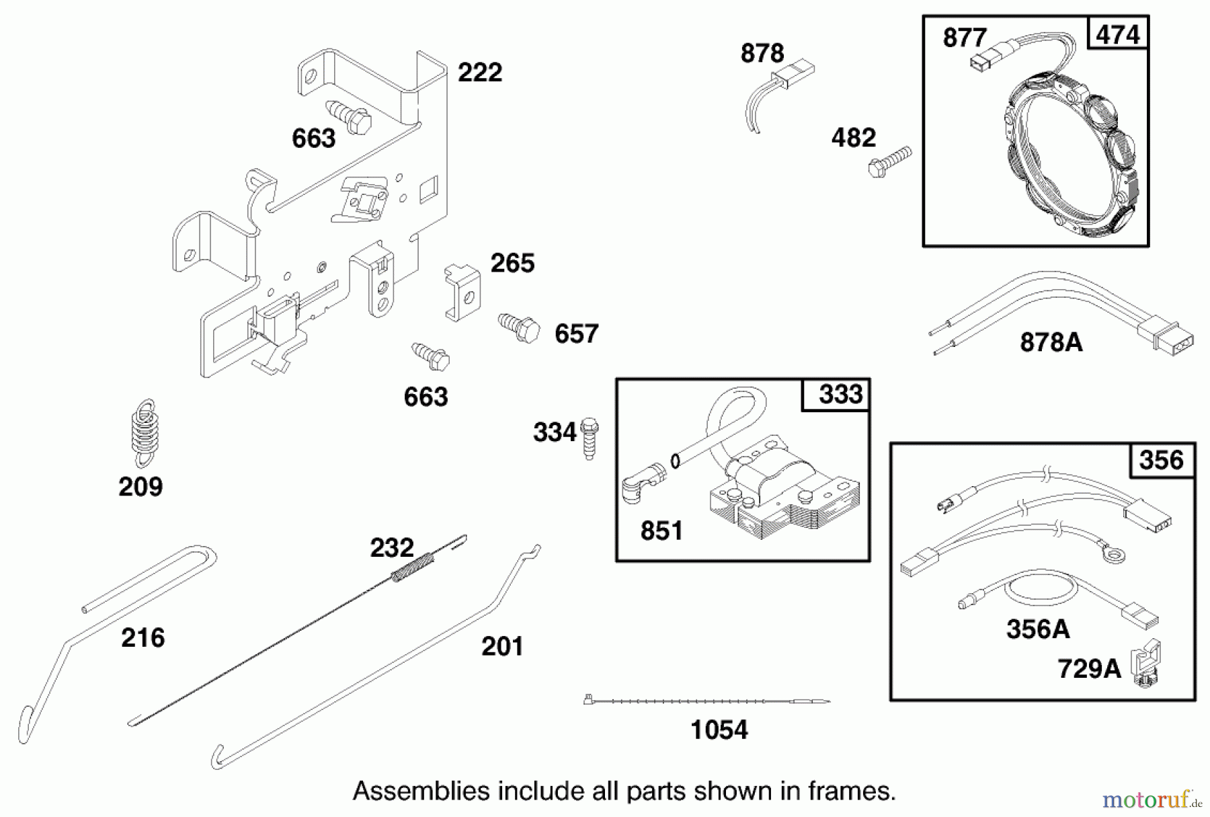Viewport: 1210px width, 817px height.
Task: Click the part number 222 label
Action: point(479,73)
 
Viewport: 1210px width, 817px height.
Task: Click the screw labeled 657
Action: point(520,327)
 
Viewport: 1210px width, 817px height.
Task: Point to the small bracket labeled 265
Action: point(462,292)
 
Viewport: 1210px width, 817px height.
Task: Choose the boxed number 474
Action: point(1117,34)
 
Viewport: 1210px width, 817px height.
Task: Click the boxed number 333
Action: point(840,395)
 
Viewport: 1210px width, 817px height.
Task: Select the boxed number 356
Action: point(1161,461)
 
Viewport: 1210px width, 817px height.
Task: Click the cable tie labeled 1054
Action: point(706,701)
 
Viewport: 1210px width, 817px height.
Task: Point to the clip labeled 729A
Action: point(1147,664)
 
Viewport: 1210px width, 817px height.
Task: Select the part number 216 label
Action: point(143,637)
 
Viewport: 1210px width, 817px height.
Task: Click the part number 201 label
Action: point(501,647)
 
